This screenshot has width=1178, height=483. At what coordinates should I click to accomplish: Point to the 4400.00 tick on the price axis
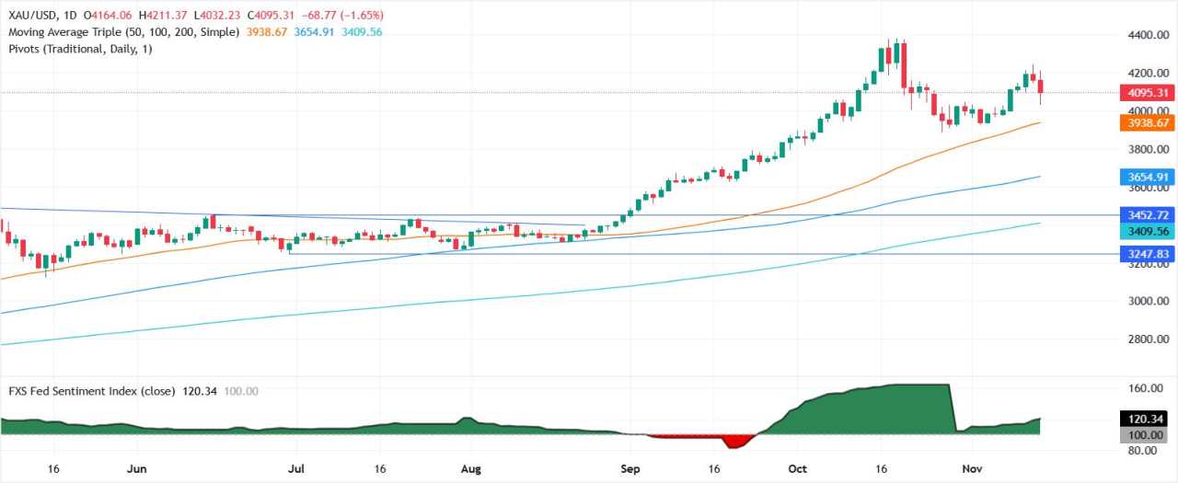tap(1143, 35)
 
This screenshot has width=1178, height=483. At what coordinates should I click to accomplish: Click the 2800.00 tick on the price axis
tap(1143, 339)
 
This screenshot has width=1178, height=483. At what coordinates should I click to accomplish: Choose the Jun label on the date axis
tap(136, 467)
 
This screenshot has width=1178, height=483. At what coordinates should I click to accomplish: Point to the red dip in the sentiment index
tap(733, 442)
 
